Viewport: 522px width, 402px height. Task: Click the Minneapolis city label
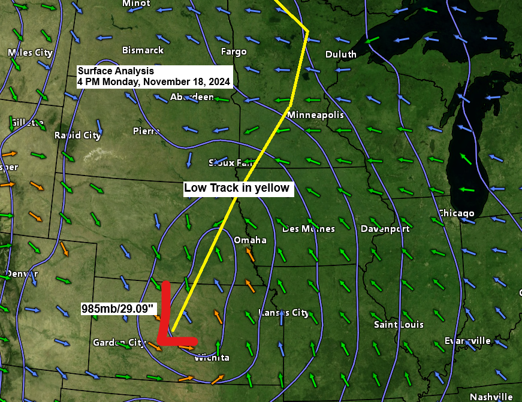(x=315, y=114)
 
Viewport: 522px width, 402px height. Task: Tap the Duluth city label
(x=340, y=55)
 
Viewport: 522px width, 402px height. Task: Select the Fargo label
(x=234, y=52)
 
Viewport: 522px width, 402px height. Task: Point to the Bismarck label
(x=143, y=50)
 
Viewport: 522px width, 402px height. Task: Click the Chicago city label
(x=455, y=213)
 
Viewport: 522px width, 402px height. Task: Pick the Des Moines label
(x=308, y=229)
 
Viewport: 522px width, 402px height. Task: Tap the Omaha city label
(x=250, y=240)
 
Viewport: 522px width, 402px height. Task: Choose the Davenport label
(x=385, y=229)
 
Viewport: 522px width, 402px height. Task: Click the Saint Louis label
(x=399, y=325)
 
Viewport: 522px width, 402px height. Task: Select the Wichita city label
(x=212, y=358)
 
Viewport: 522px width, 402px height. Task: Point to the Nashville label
(x=491, y=397)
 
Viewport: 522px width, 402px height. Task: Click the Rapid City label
(x=77, y=135)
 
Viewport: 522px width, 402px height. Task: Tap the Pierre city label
(x=146, y=131)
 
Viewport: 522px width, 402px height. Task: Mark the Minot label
(x=136, y=4)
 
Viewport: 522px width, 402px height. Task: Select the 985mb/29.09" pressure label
(x=119, y=309)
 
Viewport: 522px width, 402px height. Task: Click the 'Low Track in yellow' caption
(x=237, y=188)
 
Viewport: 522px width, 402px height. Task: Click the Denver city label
(x=22, y=274)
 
